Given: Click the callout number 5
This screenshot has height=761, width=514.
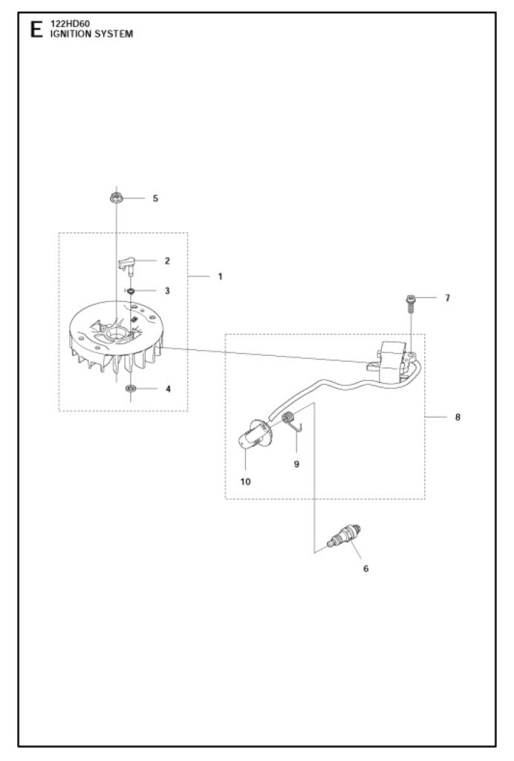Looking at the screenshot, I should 155,198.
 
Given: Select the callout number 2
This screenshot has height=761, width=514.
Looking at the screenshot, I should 167,261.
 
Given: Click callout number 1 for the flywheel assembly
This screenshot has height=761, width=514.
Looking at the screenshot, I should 220,276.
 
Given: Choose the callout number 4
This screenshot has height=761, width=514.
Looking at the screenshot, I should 167,389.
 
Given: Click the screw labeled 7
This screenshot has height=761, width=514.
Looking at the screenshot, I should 410,303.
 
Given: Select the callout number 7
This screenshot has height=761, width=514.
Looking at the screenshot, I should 447,298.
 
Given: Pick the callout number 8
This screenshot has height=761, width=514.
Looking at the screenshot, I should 458,417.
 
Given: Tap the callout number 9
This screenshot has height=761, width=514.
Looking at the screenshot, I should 296,464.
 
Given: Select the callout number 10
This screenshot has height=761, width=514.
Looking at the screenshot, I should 245,482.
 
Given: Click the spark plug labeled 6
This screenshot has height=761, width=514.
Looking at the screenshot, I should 346,537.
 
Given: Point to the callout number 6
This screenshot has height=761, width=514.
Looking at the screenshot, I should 365,569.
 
